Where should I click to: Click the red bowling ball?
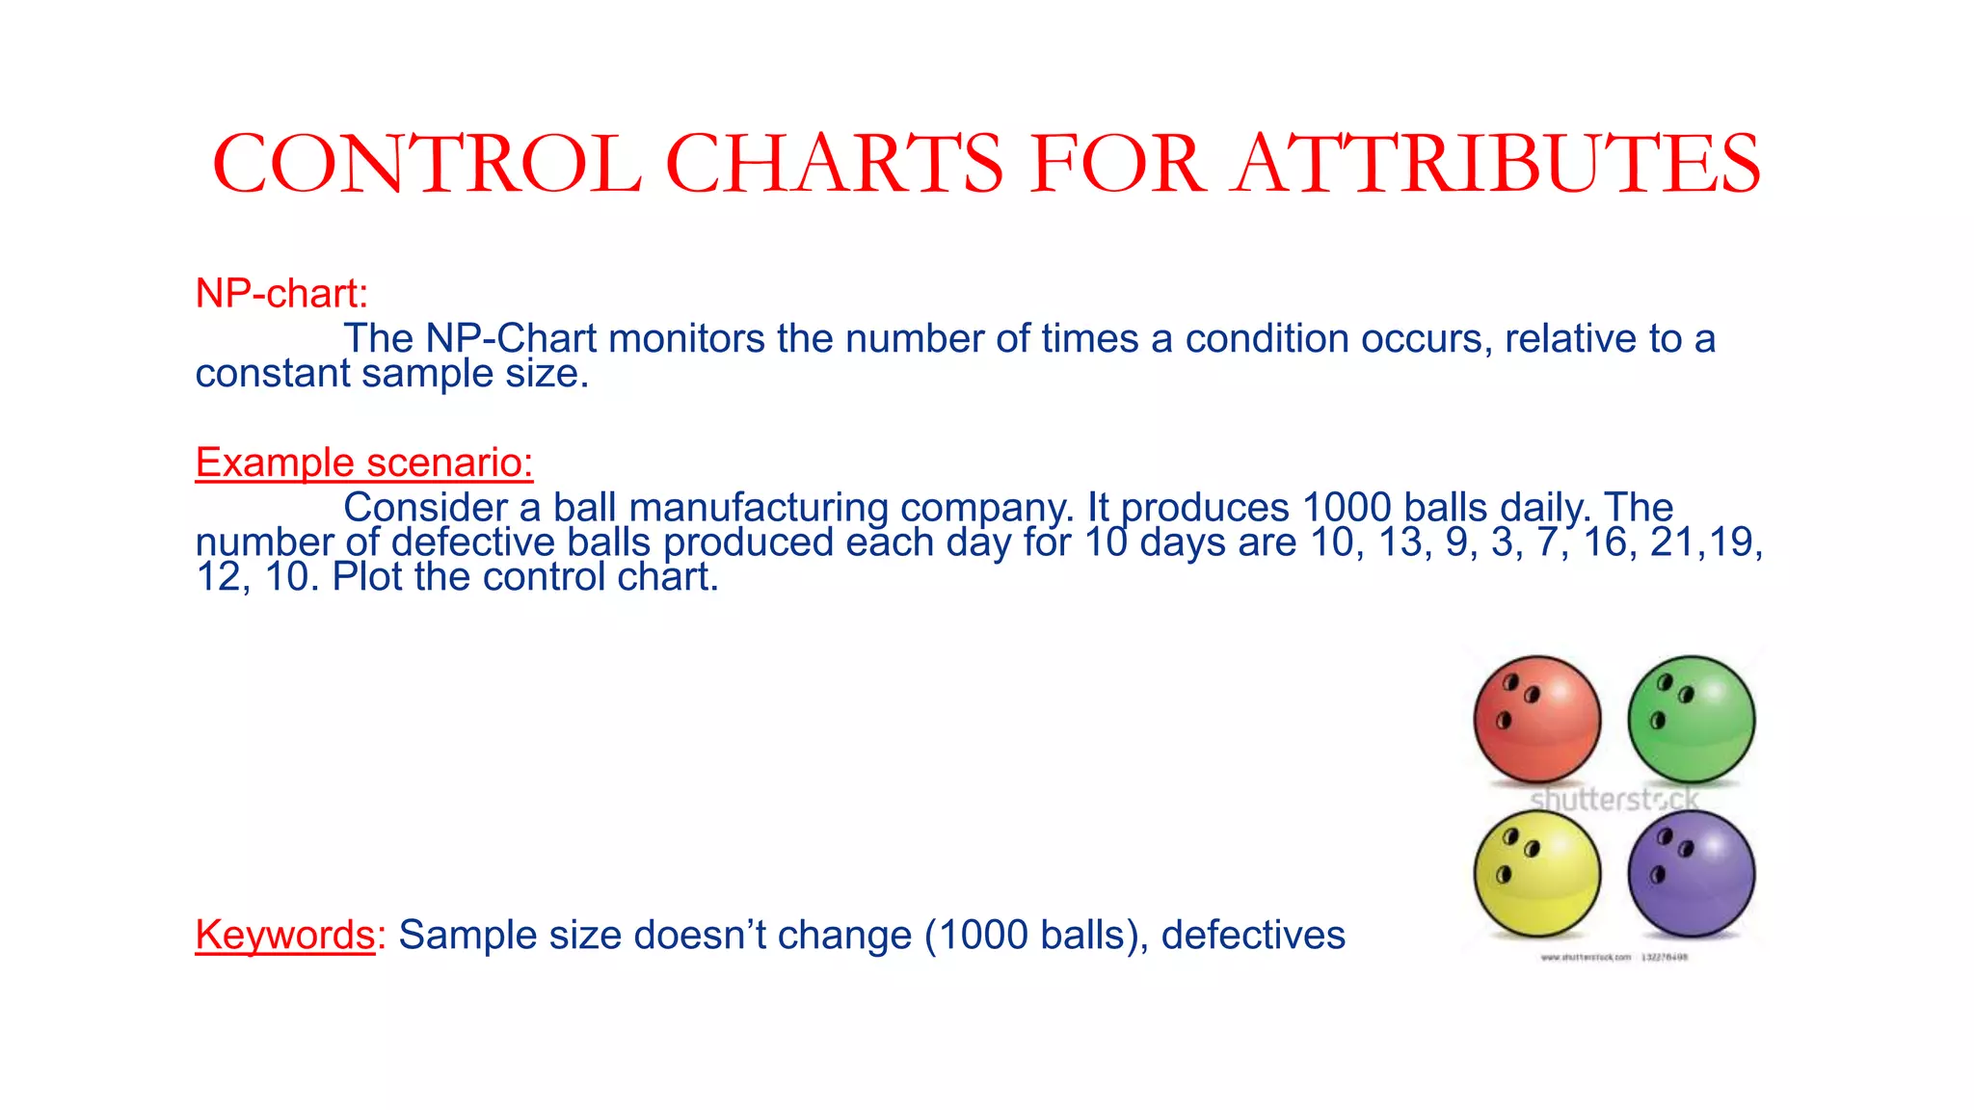coord(1537,719)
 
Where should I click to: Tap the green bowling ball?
coord(1692,719)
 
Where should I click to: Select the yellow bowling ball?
coord(1537,873)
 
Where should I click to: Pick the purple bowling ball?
coord(1692,873)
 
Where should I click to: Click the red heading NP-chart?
coord(281,293)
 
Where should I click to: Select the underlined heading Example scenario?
coord(364,462)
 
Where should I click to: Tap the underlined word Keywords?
coord(284,935)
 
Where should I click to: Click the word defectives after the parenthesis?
coord(1253,935)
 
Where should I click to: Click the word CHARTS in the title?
coord(835,164)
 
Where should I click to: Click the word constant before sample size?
coord(272,374)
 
